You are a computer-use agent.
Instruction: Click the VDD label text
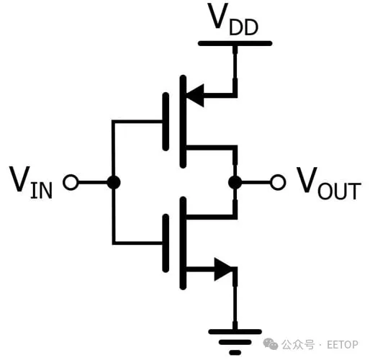[x=233, y=19]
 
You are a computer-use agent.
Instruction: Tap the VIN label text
[x=31, y=182]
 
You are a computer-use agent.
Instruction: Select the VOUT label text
[x=329, y=184]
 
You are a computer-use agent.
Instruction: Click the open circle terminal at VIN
[x=71, y=182]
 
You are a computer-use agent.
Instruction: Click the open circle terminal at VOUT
[x=278, y=182]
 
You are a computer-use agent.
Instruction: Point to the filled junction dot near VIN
[x=114, y=182]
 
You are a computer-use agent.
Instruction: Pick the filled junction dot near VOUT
[x=235, y=182]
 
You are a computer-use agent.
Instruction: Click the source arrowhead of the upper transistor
[x=195, y=95]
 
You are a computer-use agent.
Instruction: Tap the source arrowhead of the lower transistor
[x=223, y=269]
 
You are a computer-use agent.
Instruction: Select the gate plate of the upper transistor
[x=166, y=122]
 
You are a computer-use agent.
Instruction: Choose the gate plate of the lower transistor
[x=166, y=243]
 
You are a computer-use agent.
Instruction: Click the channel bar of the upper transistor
[x=183, y=122]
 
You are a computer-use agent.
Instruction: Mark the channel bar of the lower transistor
[x=183, y=243]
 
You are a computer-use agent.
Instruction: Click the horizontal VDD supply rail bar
[x=235, y=43]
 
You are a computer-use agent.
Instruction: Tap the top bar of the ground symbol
[x=235, y=332]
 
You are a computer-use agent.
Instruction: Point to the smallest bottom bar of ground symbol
[x=235, y=353]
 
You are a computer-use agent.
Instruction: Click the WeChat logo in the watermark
[x=271, y=344]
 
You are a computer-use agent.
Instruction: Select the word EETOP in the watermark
[x=343, y=344]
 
